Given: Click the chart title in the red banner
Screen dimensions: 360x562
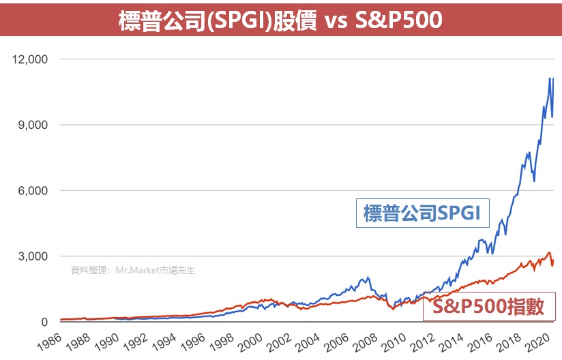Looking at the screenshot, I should [280, 20].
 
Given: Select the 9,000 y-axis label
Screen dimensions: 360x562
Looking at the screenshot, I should [33, 125].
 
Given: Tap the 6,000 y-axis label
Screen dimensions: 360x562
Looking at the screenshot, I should [33, 191].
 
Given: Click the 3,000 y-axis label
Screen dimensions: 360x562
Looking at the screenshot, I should [33, 256].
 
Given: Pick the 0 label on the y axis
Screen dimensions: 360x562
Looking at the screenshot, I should [44, 322].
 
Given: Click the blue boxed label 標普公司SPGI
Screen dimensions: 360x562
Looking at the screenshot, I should [423, 213].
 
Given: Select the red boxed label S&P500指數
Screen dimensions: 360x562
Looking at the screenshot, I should [488, 307].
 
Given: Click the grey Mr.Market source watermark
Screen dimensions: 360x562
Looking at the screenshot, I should [133, 270].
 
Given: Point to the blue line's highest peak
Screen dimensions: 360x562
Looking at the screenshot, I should [550, 78].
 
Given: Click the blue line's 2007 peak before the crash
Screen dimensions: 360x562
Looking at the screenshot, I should [368, 277].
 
